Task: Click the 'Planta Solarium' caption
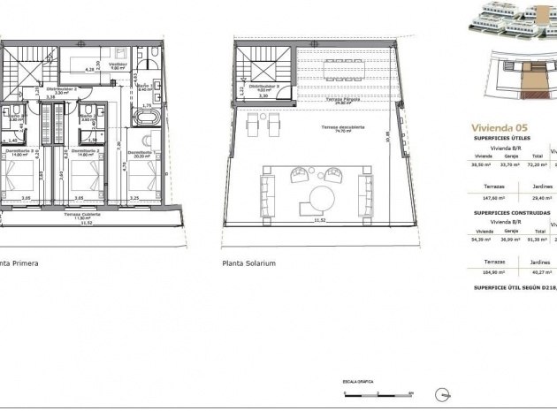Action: click(250, 263)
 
